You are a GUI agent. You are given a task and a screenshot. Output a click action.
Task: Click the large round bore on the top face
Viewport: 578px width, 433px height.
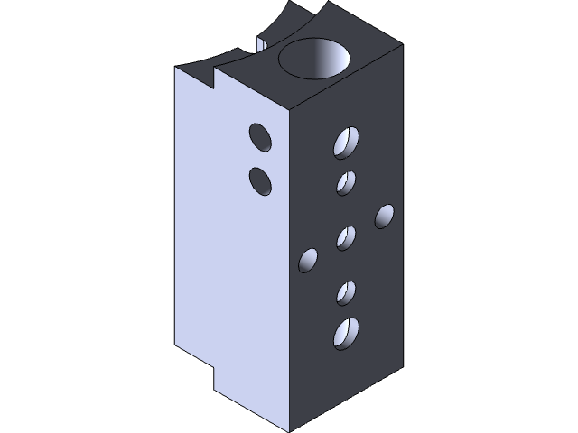click(x=314, y=60)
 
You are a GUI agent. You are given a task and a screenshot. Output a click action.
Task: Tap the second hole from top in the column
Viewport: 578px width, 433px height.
click(x=346, y=182)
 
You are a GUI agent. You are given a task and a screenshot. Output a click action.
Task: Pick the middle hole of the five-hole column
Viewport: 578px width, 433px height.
click(x=346, y=238)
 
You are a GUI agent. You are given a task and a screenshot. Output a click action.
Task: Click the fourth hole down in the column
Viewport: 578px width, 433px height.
click(x=346, y=292)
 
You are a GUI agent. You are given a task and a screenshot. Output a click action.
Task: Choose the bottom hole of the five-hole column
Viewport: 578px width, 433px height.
click(x=346, y=333)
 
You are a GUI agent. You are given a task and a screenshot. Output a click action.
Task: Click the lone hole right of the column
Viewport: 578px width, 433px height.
click(x=384, y=216)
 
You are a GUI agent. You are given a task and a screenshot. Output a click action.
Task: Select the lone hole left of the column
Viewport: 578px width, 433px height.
click(x=308, y=261)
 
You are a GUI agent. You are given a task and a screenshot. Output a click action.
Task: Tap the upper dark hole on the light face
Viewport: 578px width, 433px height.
click(x=261, y=137)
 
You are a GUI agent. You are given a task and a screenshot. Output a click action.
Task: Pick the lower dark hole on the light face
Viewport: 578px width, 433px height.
click(x=261, y=180)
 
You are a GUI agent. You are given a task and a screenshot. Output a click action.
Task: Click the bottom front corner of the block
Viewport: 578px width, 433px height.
click(x=289, y=430)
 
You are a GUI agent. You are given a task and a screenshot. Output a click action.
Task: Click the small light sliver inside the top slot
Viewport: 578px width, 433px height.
click(x=261, y=43)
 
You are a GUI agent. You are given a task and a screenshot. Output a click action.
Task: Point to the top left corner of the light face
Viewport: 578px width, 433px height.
click(x=176, y=69)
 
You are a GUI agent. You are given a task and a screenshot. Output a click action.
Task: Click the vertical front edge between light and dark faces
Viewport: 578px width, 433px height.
click(x=289, y=271)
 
